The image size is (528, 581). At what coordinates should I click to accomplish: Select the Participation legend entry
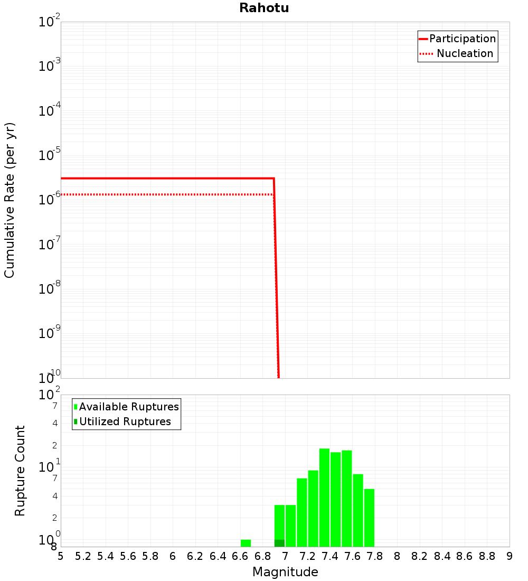point(457,39)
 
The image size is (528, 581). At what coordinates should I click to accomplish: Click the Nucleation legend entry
point(457,53)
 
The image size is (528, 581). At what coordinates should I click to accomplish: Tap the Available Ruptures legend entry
point(127,407)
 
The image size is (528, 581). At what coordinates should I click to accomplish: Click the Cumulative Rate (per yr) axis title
point(10,200)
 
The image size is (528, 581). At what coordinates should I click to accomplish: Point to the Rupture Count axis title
point(20,470)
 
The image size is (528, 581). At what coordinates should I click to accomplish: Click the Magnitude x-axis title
point(285,572)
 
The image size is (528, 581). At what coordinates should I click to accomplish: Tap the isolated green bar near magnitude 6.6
point(246,543)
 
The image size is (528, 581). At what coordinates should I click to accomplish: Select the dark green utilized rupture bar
point(279,543)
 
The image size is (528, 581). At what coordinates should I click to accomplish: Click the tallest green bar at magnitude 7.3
point(324,496)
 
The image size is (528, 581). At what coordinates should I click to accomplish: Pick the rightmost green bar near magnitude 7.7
point(369,518)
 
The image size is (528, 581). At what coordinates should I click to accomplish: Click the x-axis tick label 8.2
point(420,556)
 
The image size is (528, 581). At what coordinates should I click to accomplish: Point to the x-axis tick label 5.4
point(106,556)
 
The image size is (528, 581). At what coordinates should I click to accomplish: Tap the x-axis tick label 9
point(510,556)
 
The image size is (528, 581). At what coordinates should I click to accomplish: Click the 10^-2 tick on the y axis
point(50,22)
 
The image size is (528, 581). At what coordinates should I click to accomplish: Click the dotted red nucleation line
point(158,194)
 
